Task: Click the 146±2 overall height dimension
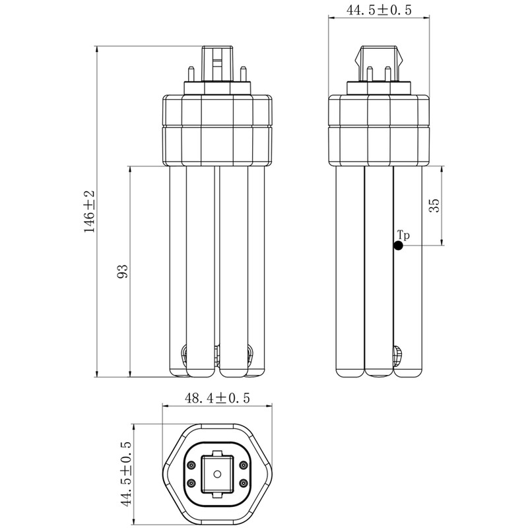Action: (x=90, y=211)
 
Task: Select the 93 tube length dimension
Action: (x=123, y=271)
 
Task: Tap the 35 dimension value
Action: (x=434, y=205)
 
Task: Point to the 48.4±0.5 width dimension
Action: (x=217, y=399)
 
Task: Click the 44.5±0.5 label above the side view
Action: (x=379, y=10)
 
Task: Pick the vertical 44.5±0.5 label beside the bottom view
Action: (x=126, y=473)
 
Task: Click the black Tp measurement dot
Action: (x=399, y=246)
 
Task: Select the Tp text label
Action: (x=403, y=235)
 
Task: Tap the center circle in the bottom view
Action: (x=217, y=474)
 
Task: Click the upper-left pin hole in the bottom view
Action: (x=191, y=465)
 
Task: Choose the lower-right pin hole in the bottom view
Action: (x=243, y=483)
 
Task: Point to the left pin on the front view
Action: (x=191, y=74)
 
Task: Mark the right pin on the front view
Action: (x=242, y=74)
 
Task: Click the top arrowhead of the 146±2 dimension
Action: (x=97, y=49)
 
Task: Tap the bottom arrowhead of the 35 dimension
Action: (x=442, y=242)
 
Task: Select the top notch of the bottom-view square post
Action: (x=217, y=453)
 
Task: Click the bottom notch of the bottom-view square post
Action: (x=217, y=494)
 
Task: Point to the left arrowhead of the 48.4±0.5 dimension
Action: (x=166, y=406)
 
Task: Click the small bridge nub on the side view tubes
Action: (x=398, y=354)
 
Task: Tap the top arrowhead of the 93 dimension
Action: (x=130, y=169)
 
